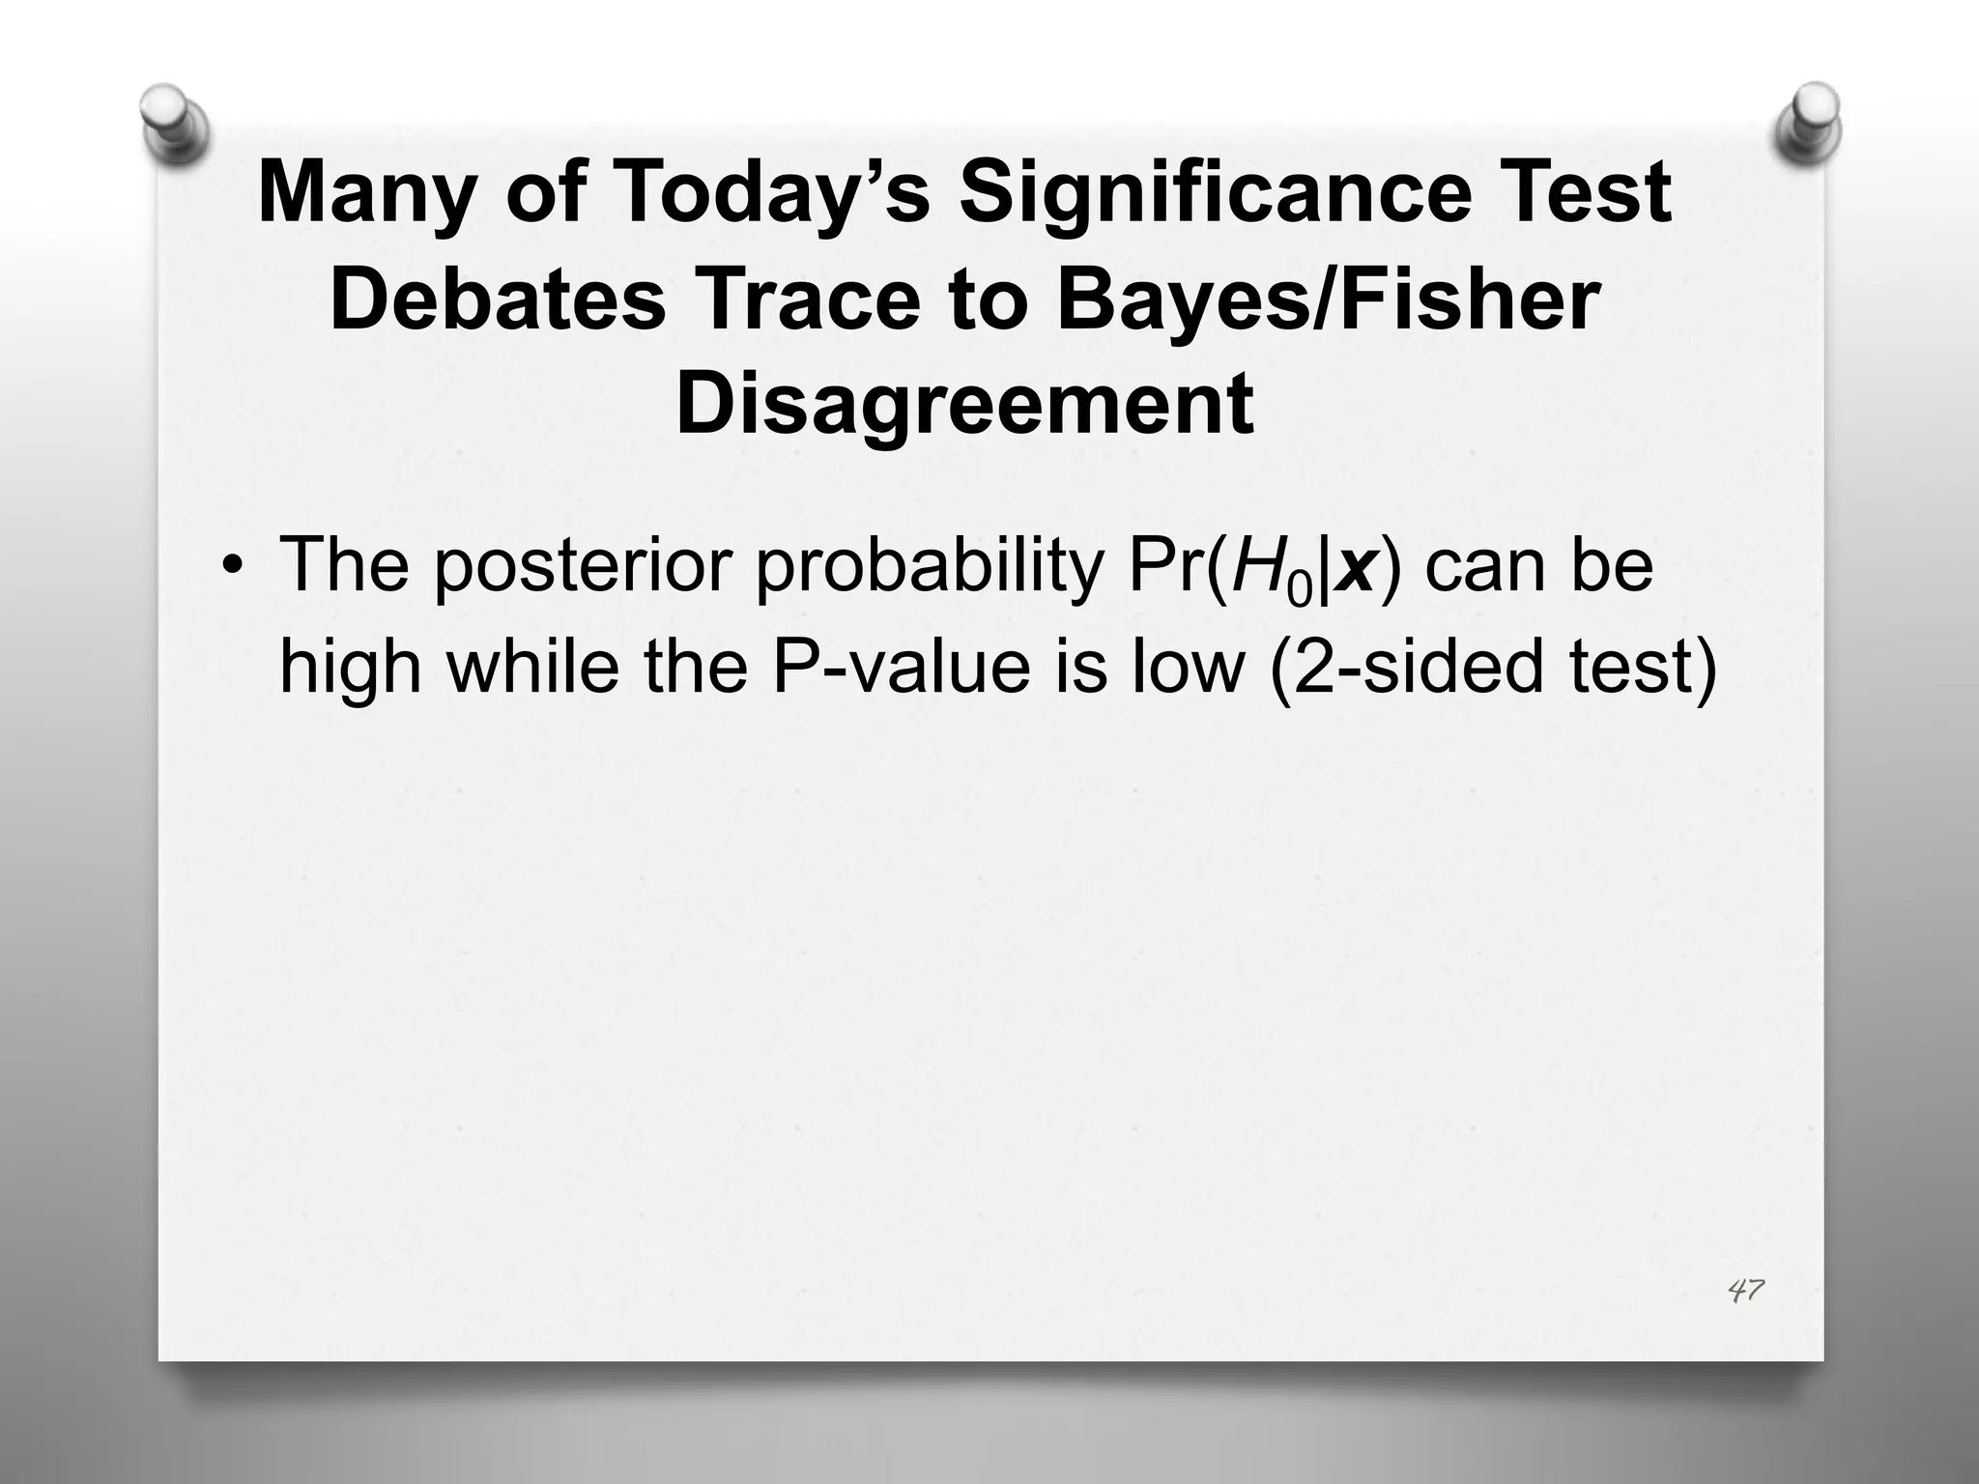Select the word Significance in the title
1198,193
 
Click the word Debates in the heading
498,300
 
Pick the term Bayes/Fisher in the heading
1329,300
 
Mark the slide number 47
1745,1290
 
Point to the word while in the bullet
532,667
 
